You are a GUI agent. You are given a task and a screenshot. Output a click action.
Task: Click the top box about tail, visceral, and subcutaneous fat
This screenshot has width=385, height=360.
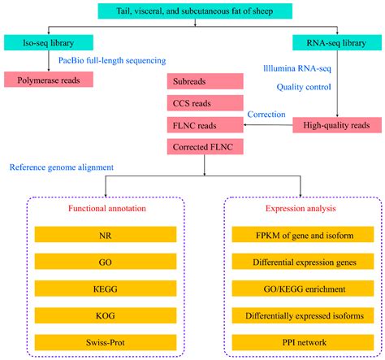[x=196, y=11]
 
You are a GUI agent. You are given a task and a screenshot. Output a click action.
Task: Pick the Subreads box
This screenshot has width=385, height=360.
[x=204, y=82]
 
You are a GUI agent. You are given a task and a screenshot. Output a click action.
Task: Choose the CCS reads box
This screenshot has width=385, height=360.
[x=204, y=103]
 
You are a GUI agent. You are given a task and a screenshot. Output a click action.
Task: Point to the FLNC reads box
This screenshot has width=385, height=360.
[x=204, y=124]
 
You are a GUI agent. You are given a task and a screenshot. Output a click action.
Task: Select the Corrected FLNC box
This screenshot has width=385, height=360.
[x=204, y=146]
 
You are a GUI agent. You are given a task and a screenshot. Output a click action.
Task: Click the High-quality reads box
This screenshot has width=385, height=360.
[x=335, y=124]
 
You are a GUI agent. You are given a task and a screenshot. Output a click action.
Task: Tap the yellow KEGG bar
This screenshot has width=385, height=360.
[x=97, y=288]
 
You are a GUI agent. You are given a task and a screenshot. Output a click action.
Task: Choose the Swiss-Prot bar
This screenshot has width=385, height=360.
[x=97, y=340]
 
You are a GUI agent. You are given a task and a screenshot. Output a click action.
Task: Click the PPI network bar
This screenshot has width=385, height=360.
[x=289, y=340]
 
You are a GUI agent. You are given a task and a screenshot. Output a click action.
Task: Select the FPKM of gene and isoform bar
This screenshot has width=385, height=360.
[x=289, y=236]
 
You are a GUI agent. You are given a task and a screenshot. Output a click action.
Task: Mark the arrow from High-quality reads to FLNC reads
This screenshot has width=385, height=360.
[x=268, y=124]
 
